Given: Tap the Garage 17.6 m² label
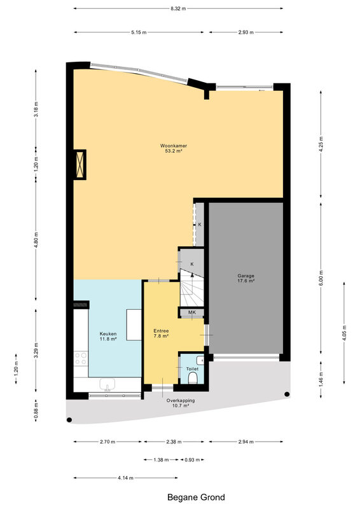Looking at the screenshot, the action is point(246,278).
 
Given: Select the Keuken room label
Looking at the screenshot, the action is point(108,336).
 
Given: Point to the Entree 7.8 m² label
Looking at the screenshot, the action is point(161,333).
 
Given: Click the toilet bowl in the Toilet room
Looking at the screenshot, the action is point(193,377).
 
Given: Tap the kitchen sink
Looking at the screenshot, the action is point(107,384).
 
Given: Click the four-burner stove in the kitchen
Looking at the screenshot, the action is point(81,358).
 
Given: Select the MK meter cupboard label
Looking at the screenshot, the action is point(192,312).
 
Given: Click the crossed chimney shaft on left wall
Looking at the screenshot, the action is point(80,165).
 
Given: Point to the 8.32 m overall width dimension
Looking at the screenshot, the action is point(178,9).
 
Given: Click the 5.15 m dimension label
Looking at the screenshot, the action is point(139,32).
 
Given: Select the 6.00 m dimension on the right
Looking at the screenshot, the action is point(321,278).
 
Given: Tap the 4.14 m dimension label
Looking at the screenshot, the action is point(126,478).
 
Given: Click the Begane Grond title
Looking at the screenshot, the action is point(196,498).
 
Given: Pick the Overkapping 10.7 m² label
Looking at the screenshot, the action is point(181,403).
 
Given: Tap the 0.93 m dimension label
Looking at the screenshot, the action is point(192,459).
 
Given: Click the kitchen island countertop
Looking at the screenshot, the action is point(134,324).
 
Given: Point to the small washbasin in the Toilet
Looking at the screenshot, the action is point(200,360).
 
